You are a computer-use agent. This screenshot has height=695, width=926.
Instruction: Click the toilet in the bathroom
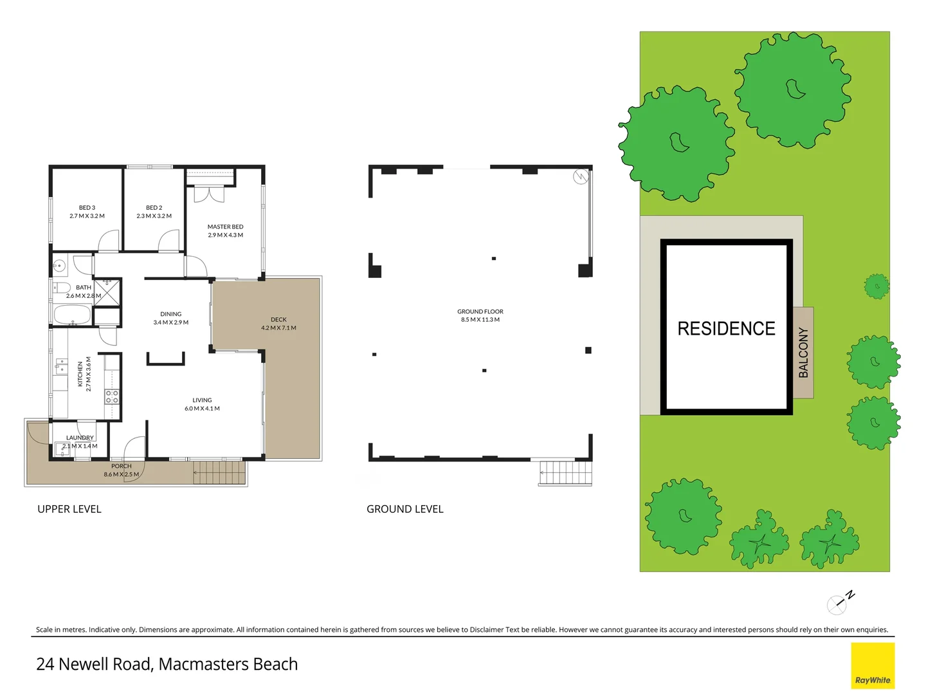(x=62, y=288)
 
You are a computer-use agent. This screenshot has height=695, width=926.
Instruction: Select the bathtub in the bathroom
(x=72, y=315)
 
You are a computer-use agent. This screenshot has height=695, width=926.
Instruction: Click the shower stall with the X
(x=107, y=292)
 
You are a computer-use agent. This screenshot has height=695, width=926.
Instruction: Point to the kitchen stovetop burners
(x=112, y=396)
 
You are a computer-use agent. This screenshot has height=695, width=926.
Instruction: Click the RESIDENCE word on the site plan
(x=726, y=329)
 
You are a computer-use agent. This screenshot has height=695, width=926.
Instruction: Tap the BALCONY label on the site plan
(x=803, y=353)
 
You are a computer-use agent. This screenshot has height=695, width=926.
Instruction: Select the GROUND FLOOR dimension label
(x=480, y=315)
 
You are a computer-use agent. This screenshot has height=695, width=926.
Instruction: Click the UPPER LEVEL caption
(x=69, y=509)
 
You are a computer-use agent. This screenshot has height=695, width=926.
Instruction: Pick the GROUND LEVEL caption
(x=405, y=509)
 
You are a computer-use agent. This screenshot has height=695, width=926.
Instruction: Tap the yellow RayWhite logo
(x=873, y=666)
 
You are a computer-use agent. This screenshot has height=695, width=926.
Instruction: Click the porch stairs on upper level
(x=219, y=472)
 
